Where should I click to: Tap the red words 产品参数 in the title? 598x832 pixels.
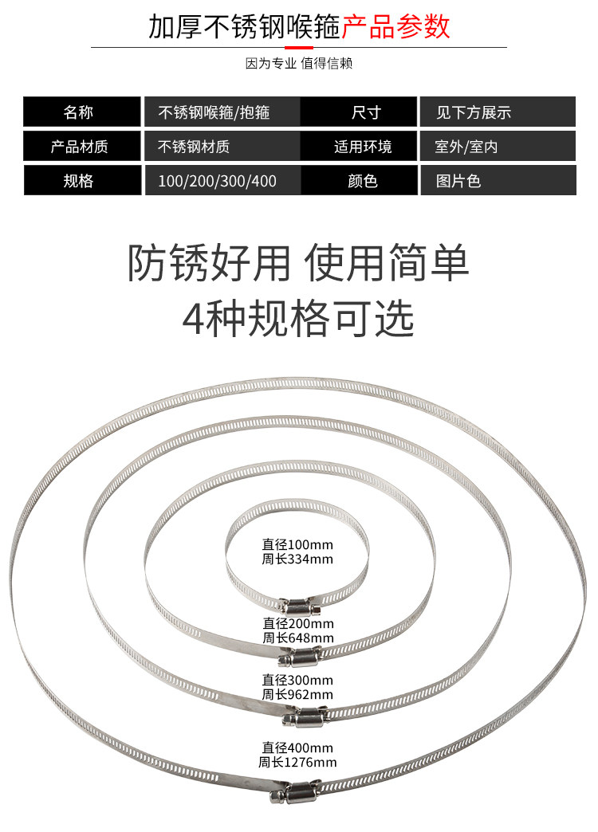396,26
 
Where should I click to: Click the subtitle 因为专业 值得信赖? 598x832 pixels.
299,64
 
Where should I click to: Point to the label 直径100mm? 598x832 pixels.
297,545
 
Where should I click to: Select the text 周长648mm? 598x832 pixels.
297,638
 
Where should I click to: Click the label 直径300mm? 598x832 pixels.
297,680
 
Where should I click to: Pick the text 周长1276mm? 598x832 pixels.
297,763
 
